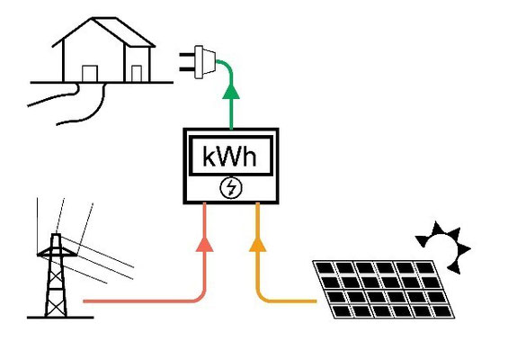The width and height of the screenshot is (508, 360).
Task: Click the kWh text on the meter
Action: [229, 156]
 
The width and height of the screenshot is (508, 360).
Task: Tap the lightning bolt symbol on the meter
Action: [231, 188]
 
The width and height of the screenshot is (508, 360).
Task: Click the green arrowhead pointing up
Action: [231, 91]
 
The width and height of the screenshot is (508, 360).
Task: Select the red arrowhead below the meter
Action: [205, 244]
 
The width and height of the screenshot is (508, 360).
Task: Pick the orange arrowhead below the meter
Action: [257, 244]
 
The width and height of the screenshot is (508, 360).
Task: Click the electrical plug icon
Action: [198, 62]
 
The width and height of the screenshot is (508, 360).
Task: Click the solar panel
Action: [384, 289]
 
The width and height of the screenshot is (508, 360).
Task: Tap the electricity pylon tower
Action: [57, 275]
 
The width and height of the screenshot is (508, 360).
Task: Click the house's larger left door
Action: [90, 74]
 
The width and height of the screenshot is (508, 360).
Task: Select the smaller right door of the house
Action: [137, 74]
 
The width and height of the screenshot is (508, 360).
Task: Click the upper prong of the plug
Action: [187, 55]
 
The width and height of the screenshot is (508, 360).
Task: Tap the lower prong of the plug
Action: [187, 69]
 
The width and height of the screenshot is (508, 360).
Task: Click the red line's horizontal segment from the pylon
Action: [139, 301]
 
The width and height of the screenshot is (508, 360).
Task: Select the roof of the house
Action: [103, 31]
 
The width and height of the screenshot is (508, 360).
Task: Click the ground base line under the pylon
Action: [60, 318]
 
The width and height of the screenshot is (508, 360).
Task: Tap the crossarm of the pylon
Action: [57, 253]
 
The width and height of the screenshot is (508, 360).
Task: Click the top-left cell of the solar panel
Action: [325, 268]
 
